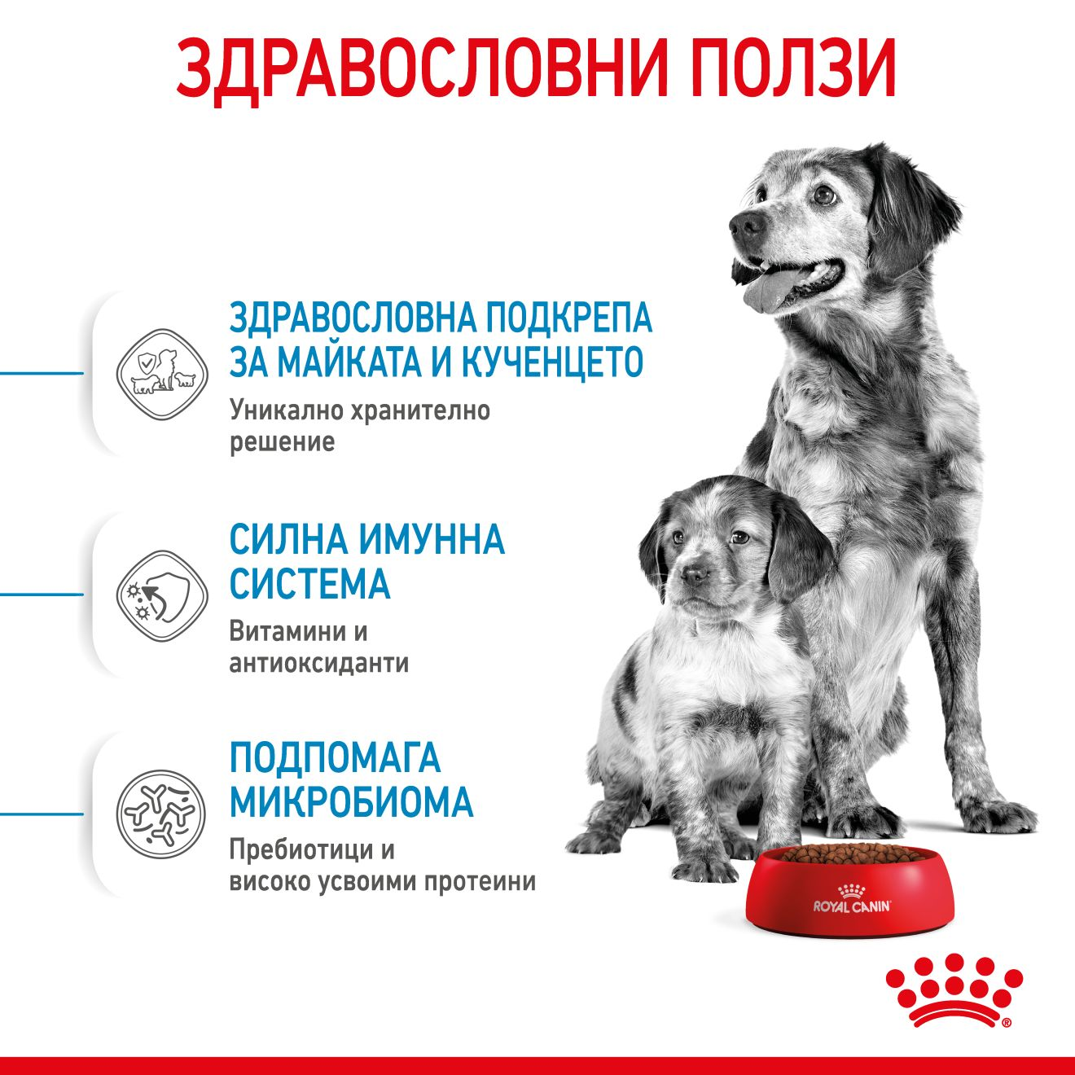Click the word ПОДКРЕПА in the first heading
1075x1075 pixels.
[x=568, y=318]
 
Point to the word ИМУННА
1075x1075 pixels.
[x=432, y=539]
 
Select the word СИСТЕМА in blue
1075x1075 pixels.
[x=309, y=583]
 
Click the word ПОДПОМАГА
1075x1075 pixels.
[x=335, y=758]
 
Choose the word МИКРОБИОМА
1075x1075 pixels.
[x=351, y=802]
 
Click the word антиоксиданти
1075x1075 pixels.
[x=318, y=663]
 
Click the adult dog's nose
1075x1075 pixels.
[x=744, y=222]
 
